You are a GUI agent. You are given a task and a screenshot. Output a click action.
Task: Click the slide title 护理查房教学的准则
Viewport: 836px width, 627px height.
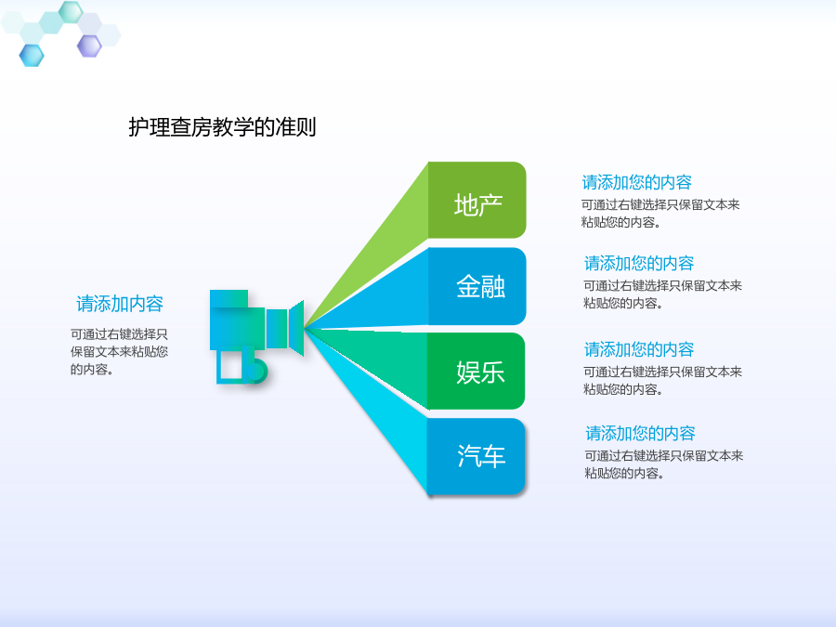point(222,127)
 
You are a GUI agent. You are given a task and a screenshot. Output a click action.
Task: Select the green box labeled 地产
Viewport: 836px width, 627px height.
point(477,200)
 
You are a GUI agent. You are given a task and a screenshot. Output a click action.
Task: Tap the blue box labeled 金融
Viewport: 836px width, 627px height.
point(477,286)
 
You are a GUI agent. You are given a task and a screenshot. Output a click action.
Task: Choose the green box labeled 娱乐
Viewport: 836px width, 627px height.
point(477,371)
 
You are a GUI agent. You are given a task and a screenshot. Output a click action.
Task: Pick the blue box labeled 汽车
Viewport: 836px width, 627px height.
point(477,456)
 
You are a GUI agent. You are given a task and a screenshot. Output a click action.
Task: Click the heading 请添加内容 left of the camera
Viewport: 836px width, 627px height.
point(120,304)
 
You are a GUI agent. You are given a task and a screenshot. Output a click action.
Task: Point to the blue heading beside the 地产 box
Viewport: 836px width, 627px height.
point(636,182)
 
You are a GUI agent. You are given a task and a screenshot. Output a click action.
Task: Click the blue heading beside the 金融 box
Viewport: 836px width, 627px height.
point(639,263)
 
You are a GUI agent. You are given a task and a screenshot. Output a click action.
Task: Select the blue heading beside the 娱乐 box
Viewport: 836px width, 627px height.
point(639,349)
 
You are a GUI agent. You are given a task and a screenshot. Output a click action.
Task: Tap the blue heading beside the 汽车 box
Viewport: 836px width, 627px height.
point(640,433)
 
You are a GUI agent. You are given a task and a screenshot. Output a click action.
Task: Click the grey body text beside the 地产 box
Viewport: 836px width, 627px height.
point(660,214)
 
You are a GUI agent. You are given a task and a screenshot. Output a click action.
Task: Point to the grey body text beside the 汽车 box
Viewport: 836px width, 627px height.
point(664,464)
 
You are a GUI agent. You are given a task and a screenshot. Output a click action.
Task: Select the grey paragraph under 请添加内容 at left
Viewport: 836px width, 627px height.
point(120,351)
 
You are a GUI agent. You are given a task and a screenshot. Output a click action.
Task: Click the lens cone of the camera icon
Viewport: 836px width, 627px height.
point(296,328)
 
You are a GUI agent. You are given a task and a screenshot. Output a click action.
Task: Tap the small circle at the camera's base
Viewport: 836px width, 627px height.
point(256,370)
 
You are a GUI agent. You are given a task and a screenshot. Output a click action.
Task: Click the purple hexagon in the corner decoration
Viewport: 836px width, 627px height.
point(89,46)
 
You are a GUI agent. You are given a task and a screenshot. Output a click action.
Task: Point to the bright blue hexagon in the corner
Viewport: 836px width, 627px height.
point(32,56)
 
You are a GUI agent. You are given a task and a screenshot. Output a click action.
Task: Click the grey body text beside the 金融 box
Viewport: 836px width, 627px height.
point(662,294)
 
